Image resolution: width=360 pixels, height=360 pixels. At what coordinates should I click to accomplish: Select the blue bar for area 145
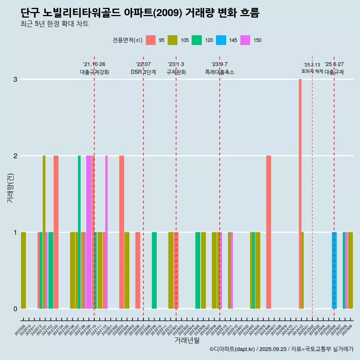tap(334, 270)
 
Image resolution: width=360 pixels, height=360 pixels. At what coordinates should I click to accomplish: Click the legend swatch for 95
tap(151, 40)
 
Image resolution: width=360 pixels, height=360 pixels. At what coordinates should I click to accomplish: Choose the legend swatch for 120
tap(196, 40)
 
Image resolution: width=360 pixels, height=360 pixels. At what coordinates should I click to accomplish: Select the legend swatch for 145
tap(221, 40)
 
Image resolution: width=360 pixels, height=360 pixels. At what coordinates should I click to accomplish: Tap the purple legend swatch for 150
tap(245, 40)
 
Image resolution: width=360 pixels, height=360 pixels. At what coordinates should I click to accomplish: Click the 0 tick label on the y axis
tap(15, 309)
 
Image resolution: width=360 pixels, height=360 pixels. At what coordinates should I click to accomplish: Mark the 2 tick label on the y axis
tap(15, 156)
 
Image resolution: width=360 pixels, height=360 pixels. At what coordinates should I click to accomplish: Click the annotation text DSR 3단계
tap(143, 72)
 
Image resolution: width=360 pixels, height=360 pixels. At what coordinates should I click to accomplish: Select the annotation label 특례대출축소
tap(219, 72)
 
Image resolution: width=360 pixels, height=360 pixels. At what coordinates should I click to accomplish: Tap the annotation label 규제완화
tap(176, 72)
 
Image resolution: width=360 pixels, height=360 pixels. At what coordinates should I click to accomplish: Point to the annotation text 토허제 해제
tap(312, 71)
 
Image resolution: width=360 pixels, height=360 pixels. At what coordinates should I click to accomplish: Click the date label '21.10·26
tap(94, 64)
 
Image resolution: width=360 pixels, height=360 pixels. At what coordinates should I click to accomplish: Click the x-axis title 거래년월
tap(187, 340)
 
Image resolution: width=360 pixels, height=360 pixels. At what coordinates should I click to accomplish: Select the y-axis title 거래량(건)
tap(10, 187)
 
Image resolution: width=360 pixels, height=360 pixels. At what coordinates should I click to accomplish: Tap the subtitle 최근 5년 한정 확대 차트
tap(54, 24)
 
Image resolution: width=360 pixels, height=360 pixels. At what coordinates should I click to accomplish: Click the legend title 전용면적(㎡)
tap(127, 40)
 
